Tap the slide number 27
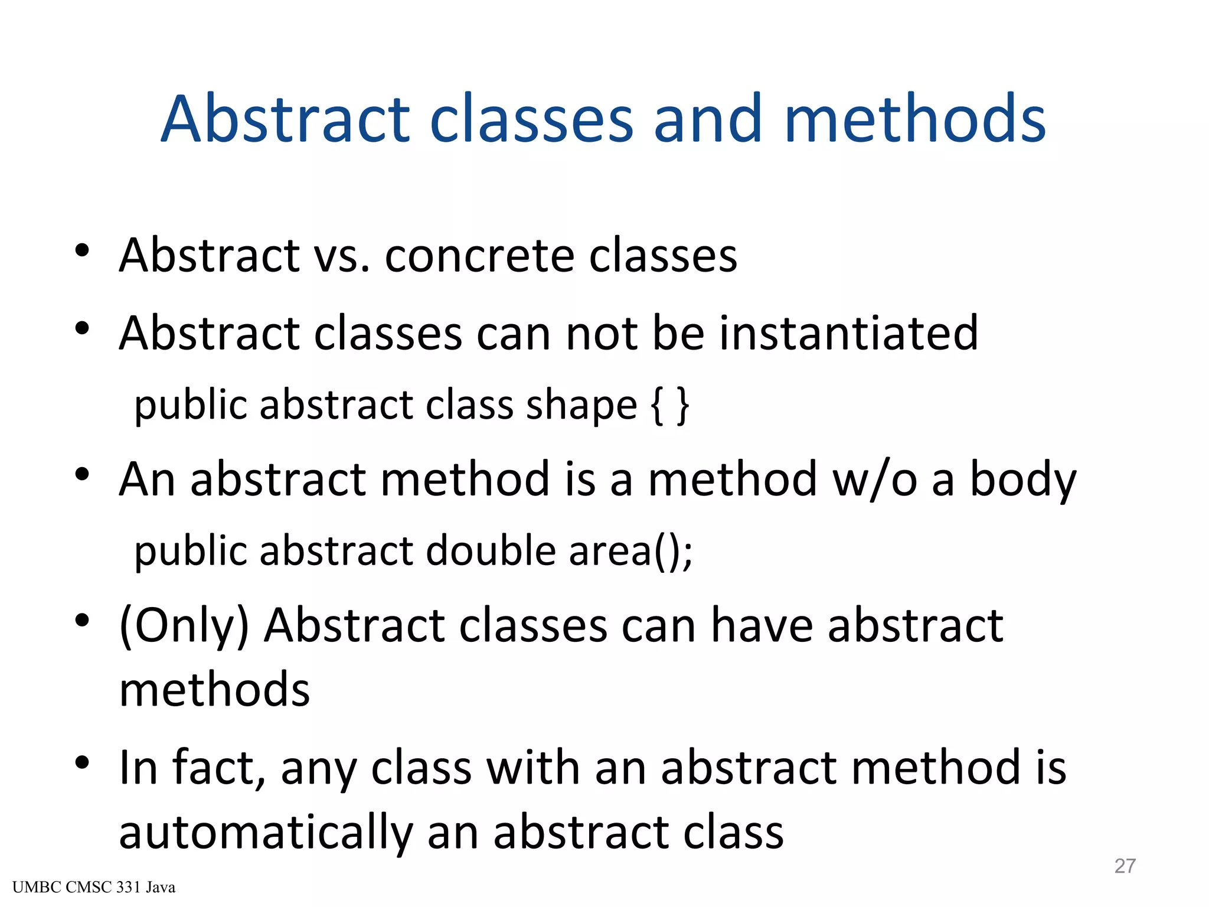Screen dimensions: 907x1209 click(1125, 866)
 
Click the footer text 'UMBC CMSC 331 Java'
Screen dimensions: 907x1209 click(94, 888)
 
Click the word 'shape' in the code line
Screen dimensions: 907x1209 click(581, 406)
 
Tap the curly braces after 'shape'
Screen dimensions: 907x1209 click(669, 406)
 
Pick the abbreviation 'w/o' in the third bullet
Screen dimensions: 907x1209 click(874, 479)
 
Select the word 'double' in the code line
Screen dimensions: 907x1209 click(491, 551)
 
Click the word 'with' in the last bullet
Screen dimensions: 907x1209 click(532, 768)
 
